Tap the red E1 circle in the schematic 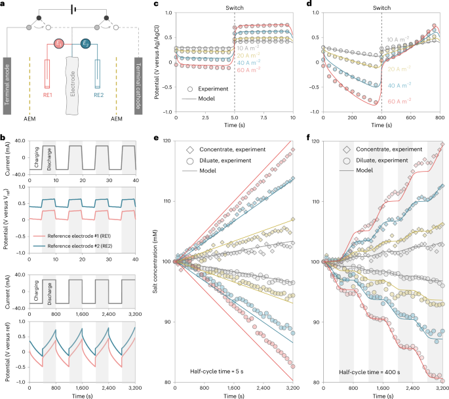(60, 43)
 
